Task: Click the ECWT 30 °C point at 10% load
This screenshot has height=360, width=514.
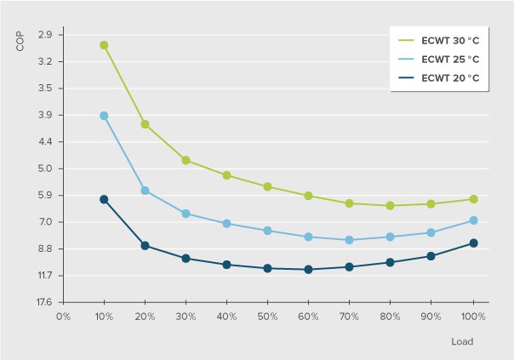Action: [104, 45]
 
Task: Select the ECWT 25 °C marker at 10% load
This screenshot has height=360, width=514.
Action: [104, 116]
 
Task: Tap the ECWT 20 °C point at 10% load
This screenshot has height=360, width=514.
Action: [104, 199]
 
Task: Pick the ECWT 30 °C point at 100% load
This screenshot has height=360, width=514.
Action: [473, 199]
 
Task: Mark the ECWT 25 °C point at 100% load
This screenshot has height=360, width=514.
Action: [473, 220]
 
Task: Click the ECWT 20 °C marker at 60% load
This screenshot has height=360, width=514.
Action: [308, 270]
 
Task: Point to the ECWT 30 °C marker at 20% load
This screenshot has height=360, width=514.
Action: [145, 124]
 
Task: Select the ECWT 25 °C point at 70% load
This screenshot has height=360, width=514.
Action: [349, 240]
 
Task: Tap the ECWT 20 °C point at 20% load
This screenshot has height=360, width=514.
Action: [145, 246]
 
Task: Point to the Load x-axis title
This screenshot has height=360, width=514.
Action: [462, 341]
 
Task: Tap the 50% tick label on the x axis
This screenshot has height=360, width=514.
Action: [266, 316]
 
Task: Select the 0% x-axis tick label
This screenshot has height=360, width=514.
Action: [62, 316]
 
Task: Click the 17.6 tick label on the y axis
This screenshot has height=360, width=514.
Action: [44, 302]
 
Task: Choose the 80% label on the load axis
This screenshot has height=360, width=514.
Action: [389, 316]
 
